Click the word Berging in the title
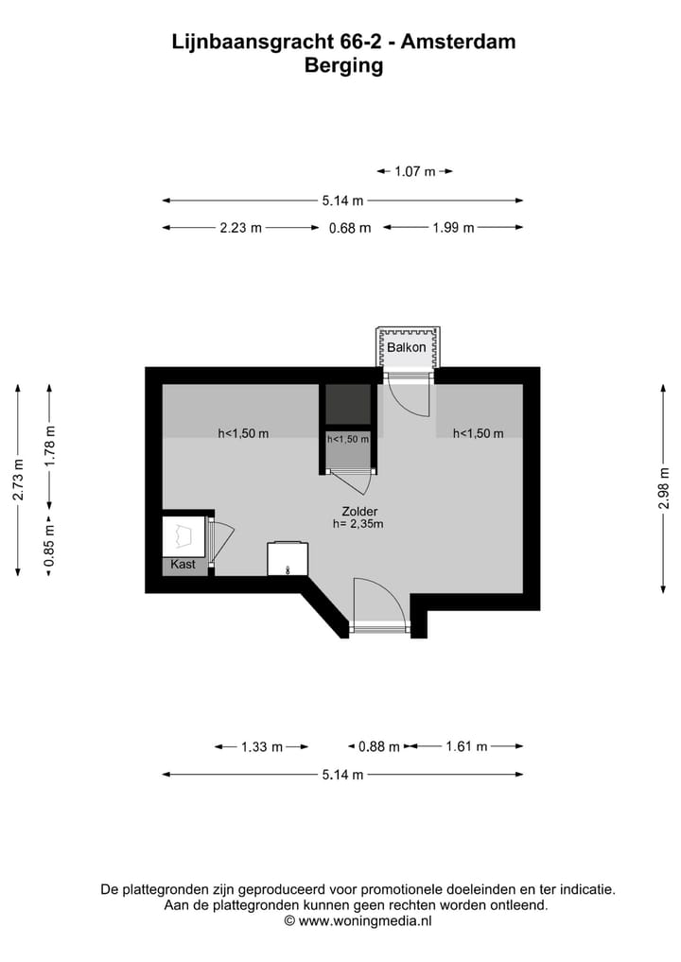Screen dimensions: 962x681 [343, 65]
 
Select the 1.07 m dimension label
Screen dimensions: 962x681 [415, 171]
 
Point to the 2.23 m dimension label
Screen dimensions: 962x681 [240, 228]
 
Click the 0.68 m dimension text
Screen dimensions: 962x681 [350, 228]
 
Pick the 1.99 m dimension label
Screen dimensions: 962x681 [453, 228]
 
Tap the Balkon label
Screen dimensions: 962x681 [408, 348]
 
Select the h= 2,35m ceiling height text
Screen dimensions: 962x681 [358, 524]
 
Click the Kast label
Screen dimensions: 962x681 [183, 565]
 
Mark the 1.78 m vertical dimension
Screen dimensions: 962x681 [51, 445]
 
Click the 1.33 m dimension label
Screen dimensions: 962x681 [262, 746]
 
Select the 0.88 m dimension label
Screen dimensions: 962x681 [378, 746]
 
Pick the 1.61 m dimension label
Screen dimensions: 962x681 [466, 746]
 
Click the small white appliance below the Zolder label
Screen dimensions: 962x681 [287, 558]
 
